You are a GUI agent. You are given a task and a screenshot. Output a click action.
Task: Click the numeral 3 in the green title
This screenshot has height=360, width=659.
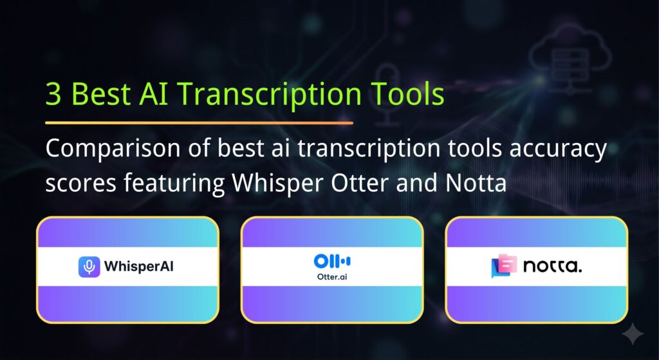54,94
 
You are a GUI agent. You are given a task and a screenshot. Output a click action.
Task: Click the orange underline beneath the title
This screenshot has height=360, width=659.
199,122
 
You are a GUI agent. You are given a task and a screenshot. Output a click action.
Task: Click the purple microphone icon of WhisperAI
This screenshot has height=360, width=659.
89,267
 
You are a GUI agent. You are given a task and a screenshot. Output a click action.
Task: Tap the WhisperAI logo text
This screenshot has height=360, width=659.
138,267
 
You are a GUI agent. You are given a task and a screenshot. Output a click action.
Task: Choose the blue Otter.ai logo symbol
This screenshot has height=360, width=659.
332,261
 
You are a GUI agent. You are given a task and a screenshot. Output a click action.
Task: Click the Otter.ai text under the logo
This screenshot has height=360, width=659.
332,277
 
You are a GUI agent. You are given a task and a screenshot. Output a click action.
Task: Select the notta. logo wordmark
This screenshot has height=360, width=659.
552,267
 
